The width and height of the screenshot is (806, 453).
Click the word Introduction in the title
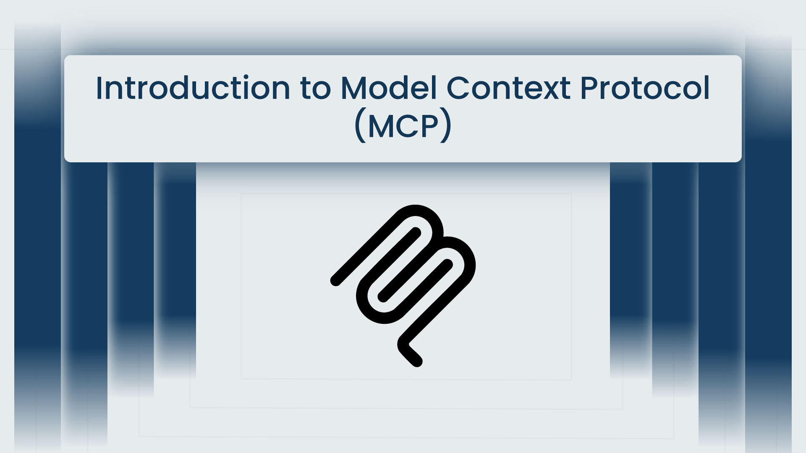tap(193, 89)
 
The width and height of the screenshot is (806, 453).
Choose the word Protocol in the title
tap(645, 89)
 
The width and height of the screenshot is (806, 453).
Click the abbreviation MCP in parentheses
tap(403, 126)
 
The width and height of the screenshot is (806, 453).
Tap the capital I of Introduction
tap(99, 89)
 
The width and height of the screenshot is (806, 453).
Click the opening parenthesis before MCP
tap(359, 126)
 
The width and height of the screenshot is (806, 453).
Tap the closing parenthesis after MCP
tap(447, 126)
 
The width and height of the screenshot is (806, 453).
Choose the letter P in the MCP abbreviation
tap(432, 126)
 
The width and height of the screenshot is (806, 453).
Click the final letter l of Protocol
tap(707, 89)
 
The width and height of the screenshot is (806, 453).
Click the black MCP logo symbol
tap(403, 285)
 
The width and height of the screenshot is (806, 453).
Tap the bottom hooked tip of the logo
tap(417, 361)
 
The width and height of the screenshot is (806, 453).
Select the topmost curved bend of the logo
tap(416, 210)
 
